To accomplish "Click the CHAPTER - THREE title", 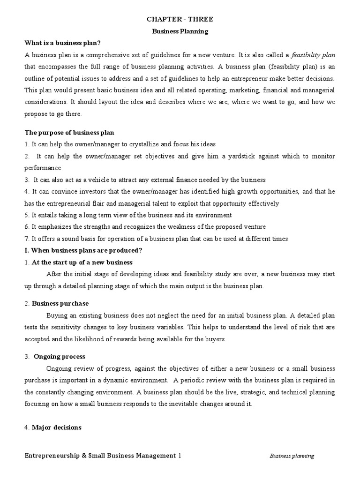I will [180, 19].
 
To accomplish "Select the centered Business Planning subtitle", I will [180, 31].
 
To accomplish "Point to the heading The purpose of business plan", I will [69, 133].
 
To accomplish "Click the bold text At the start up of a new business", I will [82, 262].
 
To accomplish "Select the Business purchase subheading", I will [60, 303].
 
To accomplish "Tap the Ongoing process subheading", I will [59, 356].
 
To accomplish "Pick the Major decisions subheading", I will [57, 427].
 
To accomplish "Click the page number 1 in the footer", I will [179, 455].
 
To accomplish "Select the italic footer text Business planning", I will [292, 456].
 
